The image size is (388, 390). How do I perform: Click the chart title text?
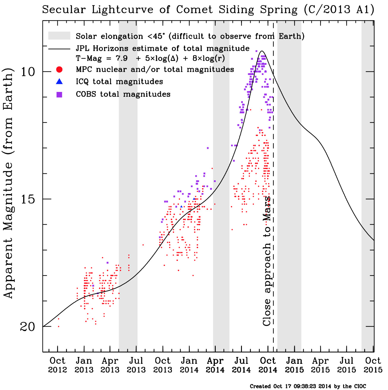tap(208, 10)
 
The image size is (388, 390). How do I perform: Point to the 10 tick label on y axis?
tap(28, 72)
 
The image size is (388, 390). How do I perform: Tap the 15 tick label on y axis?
tap(28, 199)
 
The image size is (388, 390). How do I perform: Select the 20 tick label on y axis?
tap(28, 327)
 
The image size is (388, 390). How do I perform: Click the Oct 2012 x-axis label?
tap(57, 365)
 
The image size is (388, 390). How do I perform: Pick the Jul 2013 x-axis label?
tap(136, 365)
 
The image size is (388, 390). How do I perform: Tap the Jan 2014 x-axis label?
tap(189, 365)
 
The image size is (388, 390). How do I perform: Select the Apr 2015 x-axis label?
tap(320, 365)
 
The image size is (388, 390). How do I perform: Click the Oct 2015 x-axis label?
tap(373, 365)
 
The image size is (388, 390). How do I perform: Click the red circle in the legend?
tap(59, 70)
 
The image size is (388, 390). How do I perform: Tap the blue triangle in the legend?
tap(59, 82)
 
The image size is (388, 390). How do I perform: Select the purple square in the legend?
tap(59, 95)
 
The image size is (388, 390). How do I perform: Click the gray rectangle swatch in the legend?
tap(59, 36)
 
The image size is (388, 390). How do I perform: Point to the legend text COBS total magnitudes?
tap(123, 94)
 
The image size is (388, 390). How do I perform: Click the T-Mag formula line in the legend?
tap(150, 58)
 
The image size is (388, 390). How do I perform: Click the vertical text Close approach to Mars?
tap(267, 260)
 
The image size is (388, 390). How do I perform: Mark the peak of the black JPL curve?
tap(262, 51)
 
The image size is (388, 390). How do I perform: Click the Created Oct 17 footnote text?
tap(308, 386)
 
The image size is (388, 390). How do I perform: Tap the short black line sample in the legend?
tap(59, 48)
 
